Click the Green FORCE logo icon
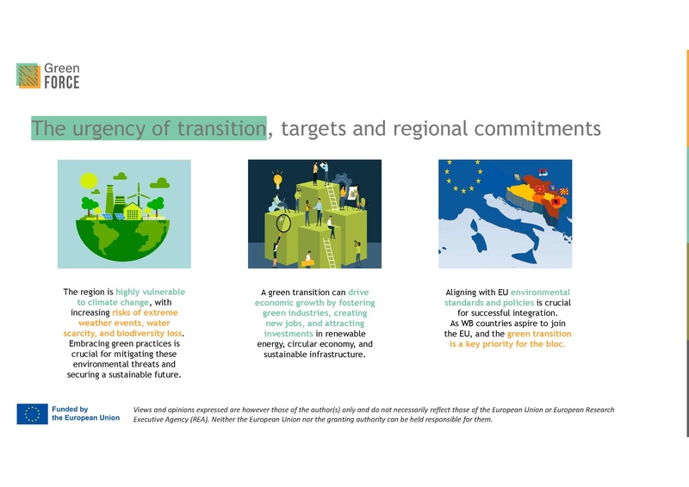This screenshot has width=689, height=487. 28,75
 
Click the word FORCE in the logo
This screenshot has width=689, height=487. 63,83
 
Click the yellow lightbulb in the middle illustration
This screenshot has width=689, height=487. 278,181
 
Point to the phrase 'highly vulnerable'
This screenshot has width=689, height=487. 151,292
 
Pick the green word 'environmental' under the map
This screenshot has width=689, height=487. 540,293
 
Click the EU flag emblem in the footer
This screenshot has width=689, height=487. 33,414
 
